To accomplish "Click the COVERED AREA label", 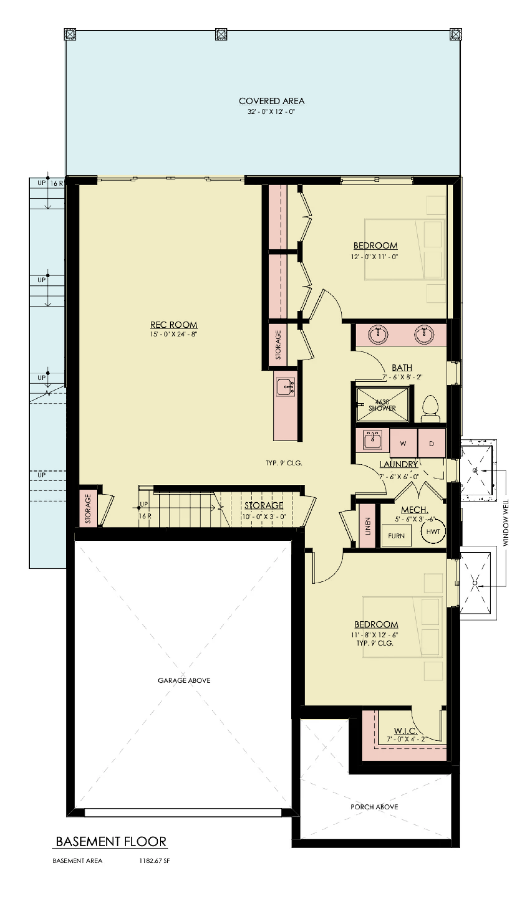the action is click(271, 101).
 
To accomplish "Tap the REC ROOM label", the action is click(174, 325).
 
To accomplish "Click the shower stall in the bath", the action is click(382, 404).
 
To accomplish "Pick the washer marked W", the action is click(403, 443).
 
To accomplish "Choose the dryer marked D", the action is click(431, 443).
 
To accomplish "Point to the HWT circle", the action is click(433, 532).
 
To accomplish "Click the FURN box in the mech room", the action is click(396, 536).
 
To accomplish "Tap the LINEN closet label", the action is click(368, 526).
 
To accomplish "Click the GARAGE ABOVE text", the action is click(184, 680).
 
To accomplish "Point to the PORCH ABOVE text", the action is click(374, 807).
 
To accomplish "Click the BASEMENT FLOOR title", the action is click(111, 841).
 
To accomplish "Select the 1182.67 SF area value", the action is click(154, 861).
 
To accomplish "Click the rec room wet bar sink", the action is click(286, 387).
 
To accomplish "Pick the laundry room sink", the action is click(372, 440).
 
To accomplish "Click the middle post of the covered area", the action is click(221, 34).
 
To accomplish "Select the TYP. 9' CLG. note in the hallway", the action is click(284, 463).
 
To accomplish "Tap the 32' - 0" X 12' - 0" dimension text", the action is click(271, 112).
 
